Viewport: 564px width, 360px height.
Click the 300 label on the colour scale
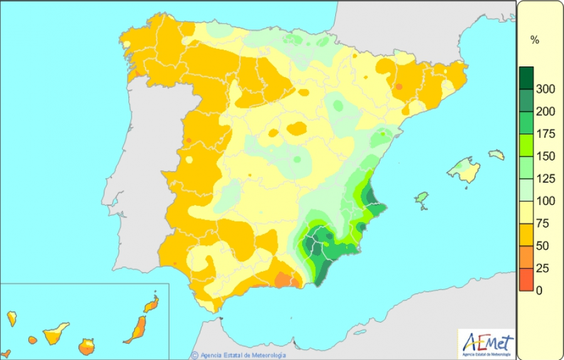click(546, 89)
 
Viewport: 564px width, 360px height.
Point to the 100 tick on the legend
click(546, 201)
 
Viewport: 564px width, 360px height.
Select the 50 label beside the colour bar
click(543, 246)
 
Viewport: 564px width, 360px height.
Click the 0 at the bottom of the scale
click(540, 290)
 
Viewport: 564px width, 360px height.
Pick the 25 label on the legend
click(543, 268)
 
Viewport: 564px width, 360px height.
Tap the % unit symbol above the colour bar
click(535, 40)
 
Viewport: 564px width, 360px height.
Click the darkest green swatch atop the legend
click(526, 77)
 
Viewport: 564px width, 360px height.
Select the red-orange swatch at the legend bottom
click(526, 280)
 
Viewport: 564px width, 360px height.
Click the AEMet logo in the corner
click(487, 344)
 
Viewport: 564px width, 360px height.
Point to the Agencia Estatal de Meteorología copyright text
click(242, 355)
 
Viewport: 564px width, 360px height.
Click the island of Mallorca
click(464, 170)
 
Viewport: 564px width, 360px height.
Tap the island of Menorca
click(496, 154)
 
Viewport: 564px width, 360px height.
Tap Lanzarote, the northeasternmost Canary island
click(151, 304)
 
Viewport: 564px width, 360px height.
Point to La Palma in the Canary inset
click(11, 318)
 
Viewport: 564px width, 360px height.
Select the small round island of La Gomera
click(33, 340)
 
